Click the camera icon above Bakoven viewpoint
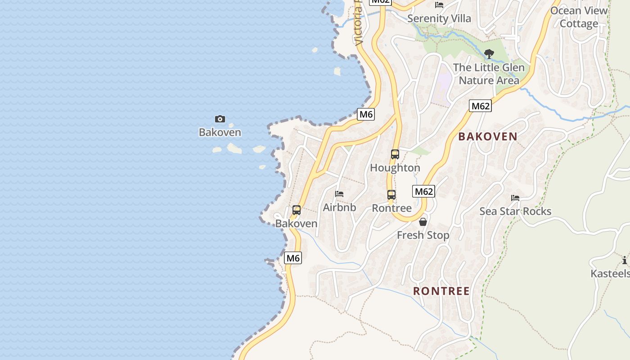tap(220, 119)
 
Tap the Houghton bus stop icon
tap(395, 154)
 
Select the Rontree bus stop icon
tap(391, 195)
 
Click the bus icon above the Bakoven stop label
tap(297, 210)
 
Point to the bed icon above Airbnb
tap(339, 194)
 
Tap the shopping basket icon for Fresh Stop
tap(423, 222)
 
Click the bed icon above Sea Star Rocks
tap(515, 198)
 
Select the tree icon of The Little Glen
tap(489, 54)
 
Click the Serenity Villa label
tap(439, 18)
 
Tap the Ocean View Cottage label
tap(579, 17)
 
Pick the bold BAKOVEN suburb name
tap(488, 137)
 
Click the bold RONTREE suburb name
tap(441, 291)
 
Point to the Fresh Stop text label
tap(423, 235)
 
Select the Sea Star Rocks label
tap(515, 211)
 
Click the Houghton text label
tap(395, 168)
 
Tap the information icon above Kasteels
tap(625, 260)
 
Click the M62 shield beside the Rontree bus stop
tap(423, 192)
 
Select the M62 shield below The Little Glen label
tap(480, 106)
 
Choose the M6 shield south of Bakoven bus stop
tap(293, 258)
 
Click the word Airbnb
tap(339, 207)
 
